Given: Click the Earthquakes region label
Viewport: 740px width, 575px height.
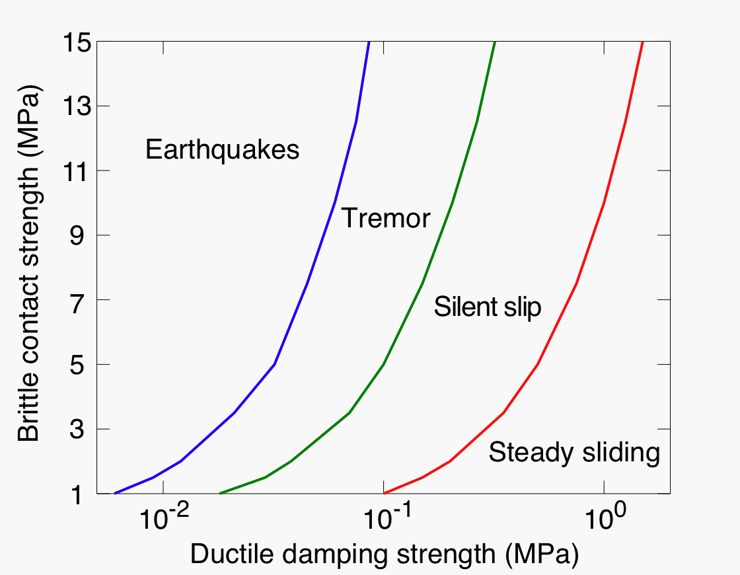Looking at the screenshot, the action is tap(222, 149).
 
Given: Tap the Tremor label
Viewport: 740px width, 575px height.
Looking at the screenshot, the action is tap(386, 218).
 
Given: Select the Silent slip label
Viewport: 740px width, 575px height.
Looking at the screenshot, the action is tap(488, 307).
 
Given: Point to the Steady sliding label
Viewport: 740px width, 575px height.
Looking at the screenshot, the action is tap(574, 452).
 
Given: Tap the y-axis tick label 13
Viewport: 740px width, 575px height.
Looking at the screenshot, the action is tap(77, 106).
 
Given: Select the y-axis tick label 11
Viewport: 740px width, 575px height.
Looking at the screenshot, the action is tap(77, 171).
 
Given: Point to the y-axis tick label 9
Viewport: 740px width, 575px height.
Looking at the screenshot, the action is tap(77, 235).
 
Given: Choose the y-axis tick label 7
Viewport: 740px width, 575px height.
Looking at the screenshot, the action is tap(77, 300).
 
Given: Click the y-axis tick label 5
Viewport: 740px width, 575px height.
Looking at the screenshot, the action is tap(77, 364).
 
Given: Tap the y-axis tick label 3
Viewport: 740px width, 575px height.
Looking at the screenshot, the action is tap(77, 429).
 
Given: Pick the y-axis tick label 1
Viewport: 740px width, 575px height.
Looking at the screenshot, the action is tap(77, 494).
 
